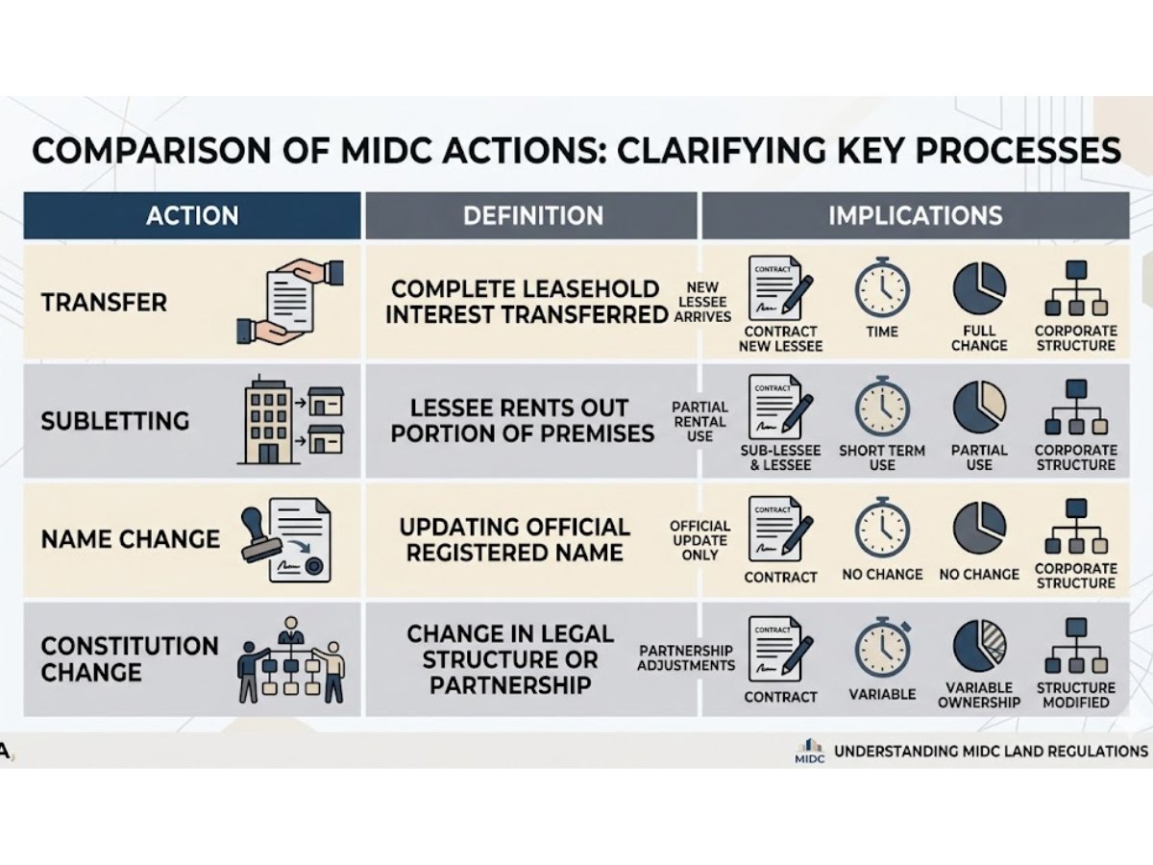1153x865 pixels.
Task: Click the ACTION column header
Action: (x=192, y=215)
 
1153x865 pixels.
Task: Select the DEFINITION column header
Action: (x=532, y=215)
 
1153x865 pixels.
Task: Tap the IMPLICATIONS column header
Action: (x=915, y=215)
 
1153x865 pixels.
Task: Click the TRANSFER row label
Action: (x=104, y=303)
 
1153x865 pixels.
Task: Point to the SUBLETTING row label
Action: (x=115, y=421)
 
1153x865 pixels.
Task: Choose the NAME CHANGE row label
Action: (x=130, y=539)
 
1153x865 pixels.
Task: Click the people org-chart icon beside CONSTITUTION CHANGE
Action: (x=291, y=659)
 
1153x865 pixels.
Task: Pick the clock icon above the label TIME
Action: (x=881, y=287)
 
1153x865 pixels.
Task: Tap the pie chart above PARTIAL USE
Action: (x=979, y=407)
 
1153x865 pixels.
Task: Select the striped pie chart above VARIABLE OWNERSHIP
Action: (x=979, y=646)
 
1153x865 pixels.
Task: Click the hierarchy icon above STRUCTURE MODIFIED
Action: (x=1076, y=646)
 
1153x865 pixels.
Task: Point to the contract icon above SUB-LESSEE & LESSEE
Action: (x=778, y=407)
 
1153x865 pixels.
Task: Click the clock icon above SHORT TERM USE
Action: (x=881, y=407)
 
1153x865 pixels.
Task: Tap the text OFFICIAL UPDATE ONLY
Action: (x=700, y=540)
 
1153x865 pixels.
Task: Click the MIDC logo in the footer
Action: (x=810, y=751)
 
